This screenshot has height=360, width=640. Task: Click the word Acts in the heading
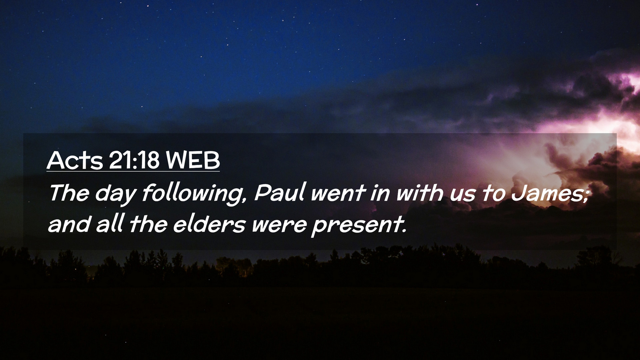(75, 160)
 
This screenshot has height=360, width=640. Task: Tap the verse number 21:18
(134, 160)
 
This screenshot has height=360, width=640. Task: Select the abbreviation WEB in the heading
(193, 160)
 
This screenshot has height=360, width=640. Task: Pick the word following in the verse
(191, 194)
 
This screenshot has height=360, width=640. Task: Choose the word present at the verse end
(357, 226)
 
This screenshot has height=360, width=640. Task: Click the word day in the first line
(116, 194)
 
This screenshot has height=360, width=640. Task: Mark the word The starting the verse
(69, 192)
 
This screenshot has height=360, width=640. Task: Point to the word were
(279, 226)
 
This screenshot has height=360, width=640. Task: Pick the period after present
(405, 231)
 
